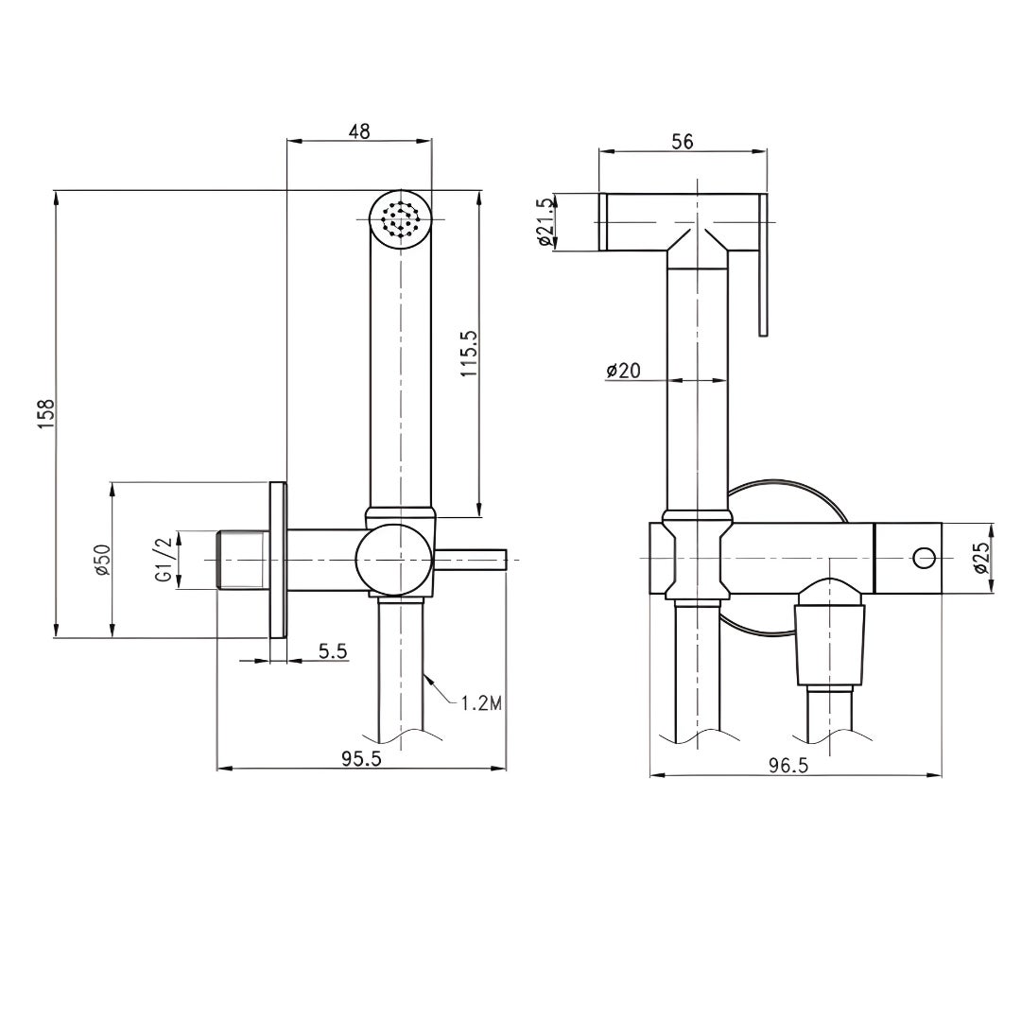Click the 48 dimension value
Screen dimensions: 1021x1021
coord(358,131)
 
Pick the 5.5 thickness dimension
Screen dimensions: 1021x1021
coord(334,651)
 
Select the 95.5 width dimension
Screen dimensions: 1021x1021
coord(362,759)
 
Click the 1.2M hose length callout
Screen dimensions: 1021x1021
coord(480,702)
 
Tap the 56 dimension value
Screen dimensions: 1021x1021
coord(682,141)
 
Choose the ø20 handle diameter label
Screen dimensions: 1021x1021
coord(624,371)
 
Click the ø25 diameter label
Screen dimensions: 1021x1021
coord(981,558)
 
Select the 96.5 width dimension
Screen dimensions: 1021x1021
coord(787,767)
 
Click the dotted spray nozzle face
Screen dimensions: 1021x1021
coord(400,221)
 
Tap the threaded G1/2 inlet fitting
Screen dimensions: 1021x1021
coord(242,561)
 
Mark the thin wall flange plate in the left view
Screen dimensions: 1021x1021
coord(278,561)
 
